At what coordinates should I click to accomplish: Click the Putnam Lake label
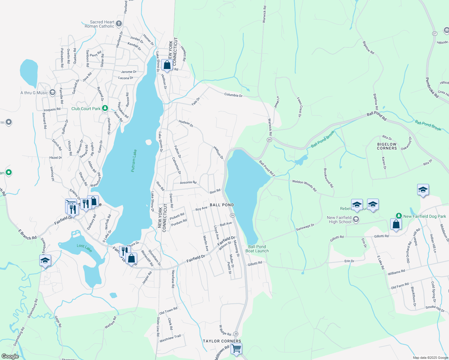(134, 160)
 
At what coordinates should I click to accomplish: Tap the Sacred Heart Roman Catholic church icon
(119, 24)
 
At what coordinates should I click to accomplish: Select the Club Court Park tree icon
(105, 108)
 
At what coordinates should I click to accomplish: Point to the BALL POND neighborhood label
(222, 205)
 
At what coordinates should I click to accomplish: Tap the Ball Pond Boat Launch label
(257, 249)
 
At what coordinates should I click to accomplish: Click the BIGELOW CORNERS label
(387, 146)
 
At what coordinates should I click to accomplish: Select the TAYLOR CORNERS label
(222, 341)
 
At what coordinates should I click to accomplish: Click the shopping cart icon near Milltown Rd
(237, 349)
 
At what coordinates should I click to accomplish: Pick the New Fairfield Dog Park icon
(399, 216)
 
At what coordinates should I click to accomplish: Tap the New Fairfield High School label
(339, 220)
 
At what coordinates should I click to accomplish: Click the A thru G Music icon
(53, 92)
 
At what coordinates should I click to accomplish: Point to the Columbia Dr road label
(233, 95)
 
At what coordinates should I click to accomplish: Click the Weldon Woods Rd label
(304, 186)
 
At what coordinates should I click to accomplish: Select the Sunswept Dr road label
(305, 227)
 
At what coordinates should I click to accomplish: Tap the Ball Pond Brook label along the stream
(323, 139)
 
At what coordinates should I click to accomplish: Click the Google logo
(10, 356)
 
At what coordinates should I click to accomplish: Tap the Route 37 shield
(435, 33)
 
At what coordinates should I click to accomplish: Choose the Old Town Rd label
(168, 311)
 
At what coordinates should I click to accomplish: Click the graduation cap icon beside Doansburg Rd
(45, 260)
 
